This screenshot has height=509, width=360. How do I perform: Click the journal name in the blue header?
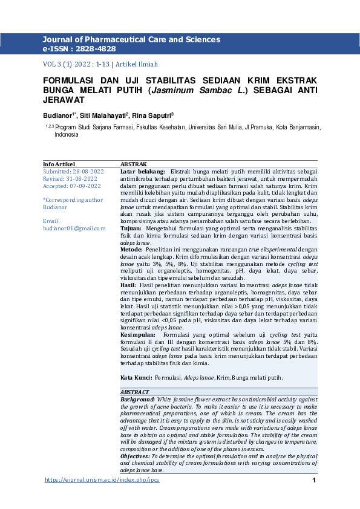[131, 39]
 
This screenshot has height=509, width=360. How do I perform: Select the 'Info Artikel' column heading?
[59, 164]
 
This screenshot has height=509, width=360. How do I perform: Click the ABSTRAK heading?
[134, 164]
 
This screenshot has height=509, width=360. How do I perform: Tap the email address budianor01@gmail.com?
[74, 229]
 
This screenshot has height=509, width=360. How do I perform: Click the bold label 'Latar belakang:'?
[143, 172]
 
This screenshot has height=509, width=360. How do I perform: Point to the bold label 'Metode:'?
[132, 250]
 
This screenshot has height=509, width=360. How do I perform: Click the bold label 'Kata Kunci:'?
[136, 378]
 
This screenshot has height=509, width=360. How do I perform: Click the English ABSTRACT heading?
[135, 392]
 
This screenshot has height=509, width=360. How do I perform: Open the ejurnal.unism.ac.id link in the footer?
[102, 480]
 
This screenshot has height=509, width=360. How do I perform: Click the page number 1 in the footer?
[314, 480]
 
